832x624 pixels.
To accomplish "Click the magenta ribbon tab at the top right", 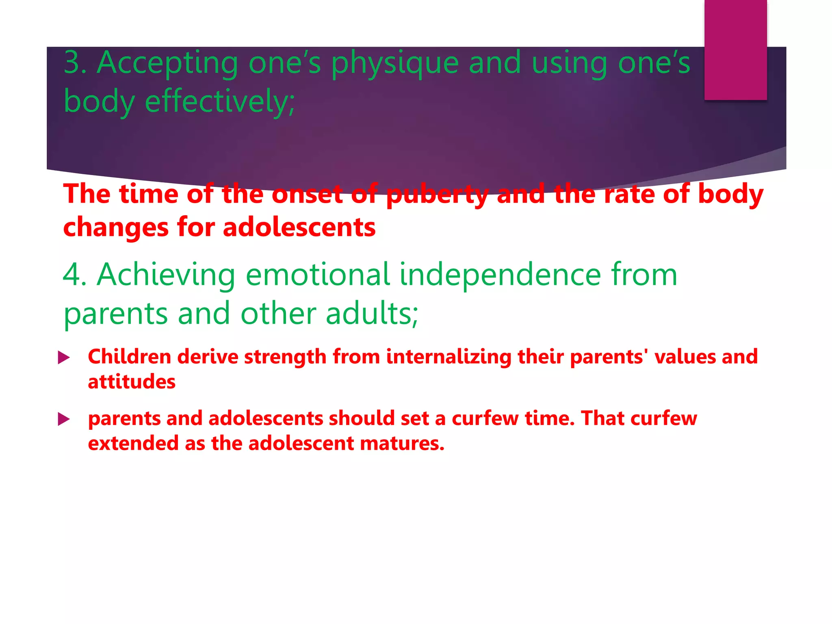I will (735, 50).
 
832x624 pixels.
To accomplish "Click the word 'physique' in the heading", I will (394, 63).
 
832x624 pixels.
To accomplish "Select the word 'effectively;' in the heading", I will (220, 102).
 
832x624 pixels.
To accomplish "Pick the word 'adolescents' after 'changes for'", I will (299, 227).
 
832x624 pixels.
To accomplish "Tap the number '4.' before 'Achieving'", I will (75, 275).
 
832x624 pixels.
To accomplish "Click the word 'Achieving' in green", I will (166, 275).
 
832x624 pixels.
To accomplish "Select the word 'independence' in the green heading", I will (500, 275).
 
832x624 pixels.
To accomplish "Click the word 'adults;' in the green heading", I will (372, 314).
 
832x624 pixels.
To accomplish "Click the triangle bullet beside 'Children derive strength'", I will (64, 358).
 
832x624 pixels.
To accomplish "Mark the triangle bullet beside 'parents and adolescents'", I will (64, 419).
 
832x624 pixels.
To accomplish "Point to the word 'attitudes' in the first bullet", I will (132, 382).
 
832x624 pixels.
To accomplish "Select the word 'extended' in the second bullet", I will (133, 443).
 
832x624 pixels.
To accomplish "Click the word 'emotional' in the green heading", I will (318, 275).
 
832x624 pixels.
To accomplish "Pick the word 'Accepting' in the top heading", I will (167, 63).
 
